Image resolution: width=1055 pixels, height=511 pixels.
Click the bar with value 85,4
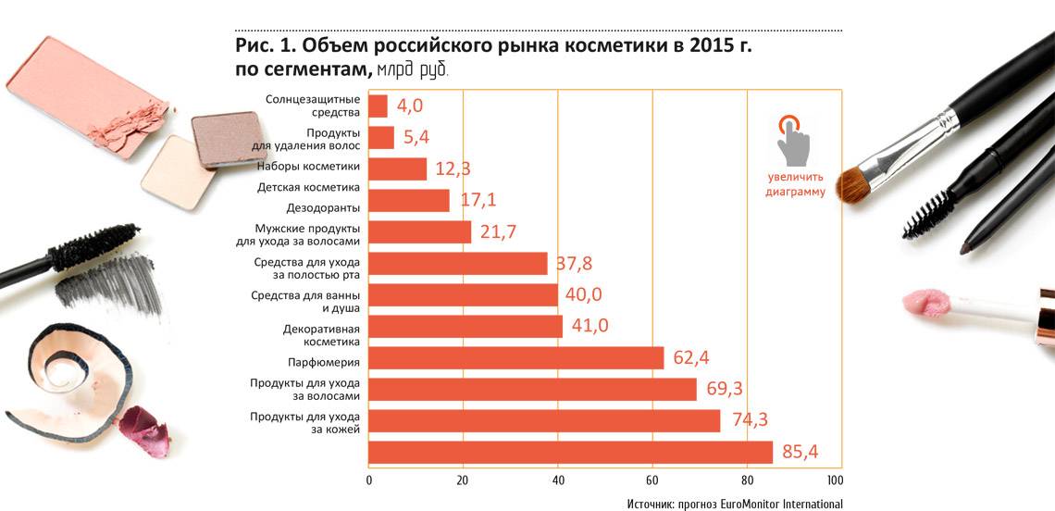[570, 452]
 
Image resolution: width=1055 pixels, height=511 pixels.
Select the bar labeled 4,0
[378, 106]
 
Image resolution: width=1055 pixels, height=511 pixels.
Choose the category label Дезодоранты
[323, 207]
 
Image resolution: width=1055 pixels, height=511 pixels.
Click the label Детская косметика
[308, 187]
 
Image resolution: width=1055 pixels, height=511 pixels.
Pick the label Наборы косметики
[308, 167]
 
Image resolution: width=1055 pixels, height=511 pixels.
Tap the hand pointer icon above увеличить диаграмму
[791, 139]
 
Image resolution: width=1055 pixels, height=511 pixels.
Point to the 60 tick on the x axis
[652, 480]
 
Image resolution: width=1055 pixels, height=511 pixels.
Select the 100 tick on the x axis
[835, 480]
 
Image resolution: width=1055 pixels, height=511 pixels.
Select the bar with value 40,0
[463, 295]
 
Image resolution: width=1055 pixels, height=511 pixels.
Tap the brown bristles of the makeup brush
[853, 182]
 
